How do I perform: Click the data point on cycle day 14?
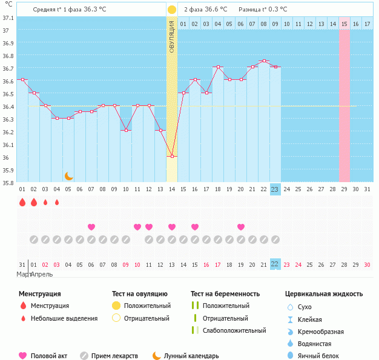coord(172,156)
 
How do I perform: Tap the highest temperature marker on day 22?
coord(263,61)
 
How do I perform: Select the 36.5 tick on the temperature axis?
coord(7,94)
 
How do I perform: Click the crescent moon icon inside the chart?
coord(69,175)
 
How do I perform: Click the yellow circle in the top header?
coord(172,10)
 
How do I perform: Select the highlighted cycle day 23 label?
coord(275,189)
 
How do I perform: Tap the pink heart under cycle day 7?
coord(91,227)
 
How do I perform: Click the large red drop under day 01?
coord(22,202)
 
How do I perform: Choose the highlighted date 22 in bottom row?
coord(275,264)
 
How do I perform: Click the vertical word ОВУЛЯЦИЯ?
coord(172,36)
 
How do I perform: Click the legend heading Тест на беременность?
coord(225,293)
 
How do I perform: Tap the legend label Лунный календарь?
coord(191,356)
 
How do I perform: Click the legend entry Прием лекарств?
coord(114,356)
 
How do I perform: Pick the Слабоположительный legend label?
coord(234,330)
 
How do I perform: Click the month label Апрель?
coord(42,274)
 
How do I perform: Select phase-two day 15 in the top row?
coord(344,24)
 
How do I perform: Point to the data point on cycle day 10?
coord(126,130)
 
